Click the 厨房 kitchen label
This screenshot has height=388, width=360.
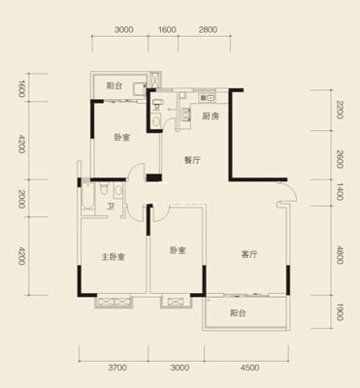[x=211, y=116]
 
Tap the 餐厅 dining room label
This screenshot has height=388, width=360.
[x=192, y=160]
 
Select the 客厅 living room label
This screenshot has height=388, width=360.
[x=249, y=254]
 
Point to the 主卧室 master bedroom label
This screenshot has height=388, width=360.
[x=113, y=257]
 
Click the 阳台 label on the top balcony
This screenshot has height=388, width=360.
[x=115, y=86]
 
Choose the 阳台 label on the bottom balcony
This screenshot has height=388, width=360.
[x=238, y=313]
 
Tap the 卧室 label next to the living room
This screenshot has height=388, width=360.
[x=178, y=250]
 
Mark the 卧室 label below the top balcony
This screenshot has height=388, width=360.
[x=122, y=138]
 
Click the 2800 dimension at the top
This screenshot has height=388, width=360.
[x=208, y=30]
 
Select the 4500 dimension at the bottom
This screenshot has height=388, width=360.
[x=249, y=368]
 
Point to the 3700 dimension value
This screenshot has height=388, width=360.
[x=117, y=368]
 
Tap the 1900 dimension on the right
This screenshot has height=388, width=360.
[x=339, y=311]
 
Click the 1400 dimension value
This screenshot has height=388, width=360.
[x=339, y=191]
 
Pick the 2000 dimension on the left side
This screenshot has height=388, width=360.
[x=21, y=199]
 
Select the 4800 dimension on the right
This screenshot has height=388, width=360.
[x=339, y=255]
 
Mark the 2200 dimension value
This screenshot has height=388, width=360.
[x=339, y=110]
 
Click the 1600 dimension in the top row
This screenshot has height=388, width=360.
[x=168, y=30]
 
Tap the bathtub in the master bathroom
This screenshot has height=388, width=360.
[x=87, y=197]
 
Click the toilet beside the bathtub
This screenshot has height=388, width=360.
[x=104, y=189]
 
